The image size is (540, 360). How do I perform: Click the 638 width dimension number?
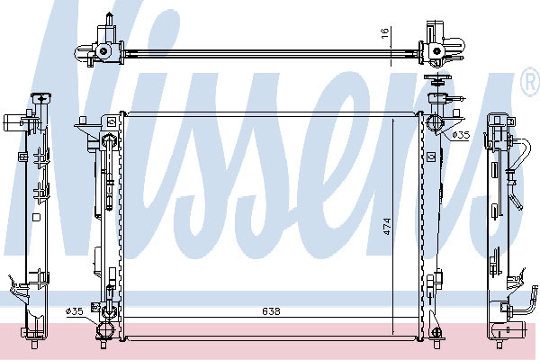click(271, 311)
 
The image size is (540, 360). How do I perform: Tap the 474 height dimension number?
click(387, 226)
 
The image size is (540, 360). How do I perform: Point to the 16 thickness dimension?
click(385, 32)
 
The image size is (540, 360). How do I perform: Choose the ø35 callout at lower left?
click(75, 311)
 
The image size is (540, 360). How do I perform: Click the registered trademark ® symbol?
click(531, 82)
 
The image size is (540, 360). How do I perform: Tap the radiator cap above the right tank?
click(436, 80)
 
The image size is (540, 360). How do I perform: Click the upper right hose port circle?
click(434, 123)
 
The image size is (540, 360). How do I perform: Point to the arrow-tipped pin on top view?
click(109, 19)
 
